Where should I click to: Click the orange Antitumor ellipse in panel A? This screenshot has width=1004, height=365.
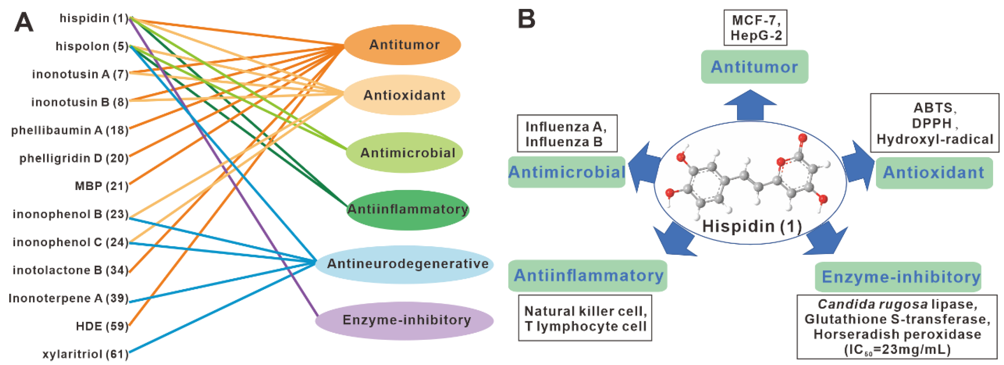pos(404,45)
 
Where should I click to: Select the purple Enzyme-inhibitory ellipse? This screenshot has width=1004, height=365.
pos(405,321)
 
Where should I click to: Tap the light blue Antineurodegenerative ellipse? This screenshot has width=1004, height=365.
pos(405,264)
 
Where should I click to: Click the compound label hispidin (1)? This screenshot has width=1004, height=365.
pos(94,18)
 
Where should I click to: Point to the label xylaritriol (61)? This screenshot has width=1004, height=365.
pos(85,354)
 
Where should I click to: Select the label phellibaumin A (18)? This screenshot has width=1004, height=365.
pos(69,130)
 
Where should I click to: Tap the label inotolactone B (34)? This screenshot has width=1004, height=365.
pos(70,270)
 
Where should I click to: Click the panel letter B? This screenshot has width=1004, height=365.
pos(526,19)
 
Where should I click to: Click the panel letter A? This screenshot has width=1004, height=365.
pos(23,23)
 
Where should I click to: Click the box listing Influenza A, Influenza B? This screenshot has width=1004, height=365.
pos(567,134)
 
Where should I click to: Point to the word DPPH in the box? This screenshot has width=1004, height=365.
pos(932,123)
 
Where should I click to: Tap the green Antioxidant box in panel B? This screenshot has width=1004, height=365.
pos(934,173)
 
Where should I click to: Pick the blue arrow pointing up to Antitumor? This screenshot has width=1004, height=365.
pos(750,105)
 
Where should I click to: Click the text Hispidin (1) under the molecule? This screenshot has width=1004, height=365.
pos(751,226)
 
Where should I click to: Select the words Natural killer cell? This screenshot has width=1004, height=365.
pos(585,311)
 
